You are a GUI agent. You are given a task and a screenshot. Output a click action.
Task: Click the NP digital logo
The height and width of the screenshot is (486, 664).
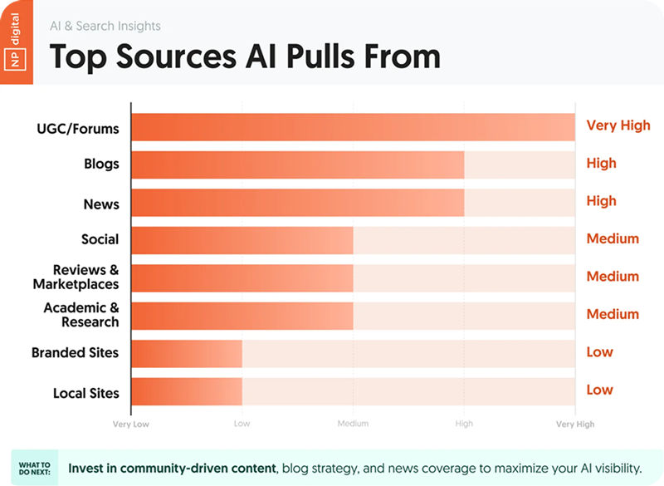(x=16, y=42)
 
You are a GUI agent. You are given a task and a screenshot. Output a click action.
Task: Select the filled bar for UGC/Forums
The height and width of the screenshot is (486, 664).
(x=354, y=127)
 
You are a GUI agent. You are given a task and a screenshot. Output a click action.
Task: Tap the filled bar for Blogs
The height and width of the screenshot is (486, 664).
(x=298, y=164)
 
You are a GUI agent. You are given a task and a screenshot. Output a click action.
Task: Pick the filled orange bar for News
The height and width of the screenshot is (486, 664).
(x=298, y=203)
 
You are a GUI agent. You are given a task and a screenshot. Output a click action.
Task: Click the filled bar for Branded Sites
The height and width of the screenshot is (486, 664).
(x=187, y=353)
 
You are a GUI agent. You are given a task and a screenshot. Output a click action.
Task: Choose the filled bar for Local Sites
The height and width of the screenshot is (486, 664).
(x=187, y=391)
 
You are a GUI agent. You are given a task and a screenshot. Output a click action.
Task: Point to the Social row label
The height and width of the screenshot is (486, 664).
(x=100, y=239)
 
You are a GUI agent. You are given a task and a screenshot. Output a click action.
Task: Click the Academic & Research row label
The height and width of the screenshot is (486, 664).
(x=81, y=315)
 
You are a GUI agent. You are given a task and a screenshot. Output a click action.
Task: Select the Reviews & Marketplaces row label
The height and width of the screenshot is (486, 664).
(x=76, y=277)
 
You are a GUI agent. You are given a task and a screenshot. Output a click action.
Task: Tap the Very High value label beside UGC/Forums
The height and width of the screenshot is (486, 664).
(x=618, y=125)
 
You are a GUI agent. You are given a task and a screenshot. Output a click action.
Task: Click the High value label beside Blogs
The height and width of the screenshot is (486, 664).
(x=601, y=163)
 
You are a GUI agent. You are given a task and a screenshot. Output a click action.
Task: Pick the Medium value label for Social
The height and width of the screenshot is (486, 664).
(x=613, y=238)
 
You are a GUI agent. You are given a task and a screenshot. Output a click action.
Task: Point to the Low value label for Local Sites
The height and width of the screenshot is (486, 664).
(x=599, y=390)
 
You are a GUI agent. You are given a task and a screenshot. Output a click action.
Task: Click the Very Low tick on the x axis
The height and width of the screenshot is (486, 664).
(x=131, y=425)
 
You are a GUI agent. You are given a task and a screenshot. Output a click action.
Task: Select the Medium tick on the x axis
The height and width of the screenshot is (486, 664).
(x=354, y=424)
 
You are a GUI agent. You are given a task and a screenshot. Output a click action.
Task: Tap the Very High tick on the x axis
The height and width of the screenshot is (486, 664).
(x=575, y=425)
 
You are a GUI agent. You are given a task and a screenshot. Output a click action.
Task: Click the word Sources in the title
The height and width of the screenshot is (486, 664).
(x=176, y=56)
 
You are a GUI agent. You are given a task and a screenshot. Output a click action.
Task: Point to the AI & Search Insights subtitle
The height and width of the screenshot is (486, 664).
(x=105, y=26)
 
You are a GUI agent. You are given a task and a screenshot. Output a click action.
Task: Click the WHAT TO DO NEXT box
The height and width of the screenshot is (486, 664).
(x=34, y=469)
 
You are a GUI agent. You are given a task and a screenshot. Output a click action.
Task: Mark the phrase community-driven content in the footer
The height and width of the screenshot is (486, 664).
(x=198, y=469)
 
